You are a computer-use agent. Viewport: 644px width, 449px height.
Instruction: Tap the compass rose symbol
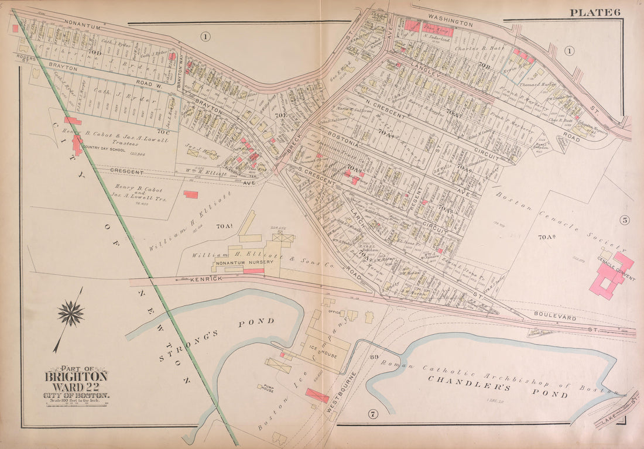[71, 314]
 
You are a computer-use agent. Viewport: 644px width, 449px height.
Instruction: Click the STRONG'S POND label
[216, 339]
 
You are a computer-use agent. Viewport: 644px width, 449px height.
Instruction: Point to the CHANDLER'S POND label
[497, 386]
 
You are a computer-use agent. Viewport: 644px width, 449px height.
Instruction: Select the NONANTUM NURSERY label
[243, 263]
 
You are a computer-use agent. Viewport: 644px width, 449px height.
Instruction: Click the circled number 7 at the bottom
[372, 415]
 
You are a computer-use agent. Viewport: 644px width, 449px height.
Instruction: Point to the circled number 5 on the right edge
[625, 220]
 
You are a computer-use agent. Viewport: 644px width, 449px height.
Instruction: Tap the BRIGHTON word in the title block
[76, 376]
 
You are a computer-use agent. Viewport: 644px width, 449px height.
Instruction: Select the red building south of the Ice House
[317, 396]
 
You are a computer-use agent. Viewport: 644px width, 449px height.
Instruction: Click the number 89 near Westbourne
[374, 357]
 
